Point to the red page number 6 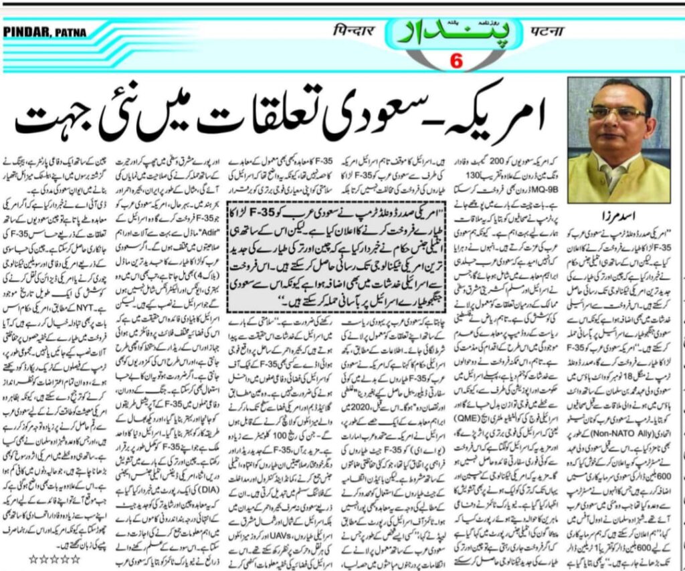[x=456, y=63]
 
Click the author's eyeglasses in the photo [x=617, y=114]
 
